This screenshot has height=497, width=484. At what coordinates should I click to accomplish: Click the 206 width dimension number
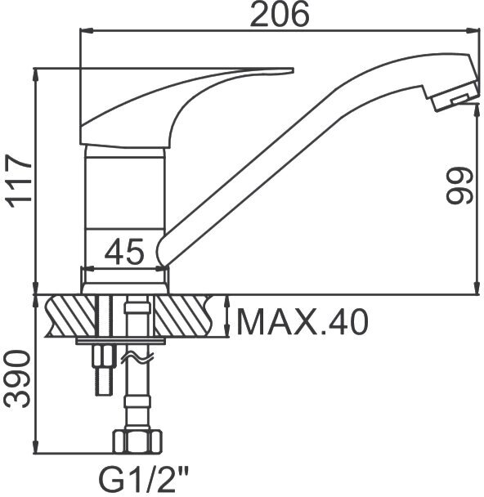(x=280, y=14)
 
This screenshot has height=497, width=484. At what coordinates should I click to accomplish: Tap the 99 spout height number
(x=459, y=185)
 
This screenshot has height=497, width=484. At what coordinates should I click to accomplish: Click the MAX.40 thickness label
(x=303, y=322)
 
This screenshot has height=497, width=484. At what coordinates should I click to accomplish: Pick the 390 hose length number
(x=18, y=378)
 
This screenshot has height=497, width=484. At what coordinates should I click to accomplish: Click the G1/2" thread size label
(x=144, y=479)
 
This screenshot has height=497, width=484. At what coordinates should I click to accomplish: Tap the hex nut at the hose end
(x=137, y=441)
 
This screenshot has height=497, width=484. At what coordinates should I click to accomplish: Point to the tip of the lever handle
(x=294, y=70)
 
